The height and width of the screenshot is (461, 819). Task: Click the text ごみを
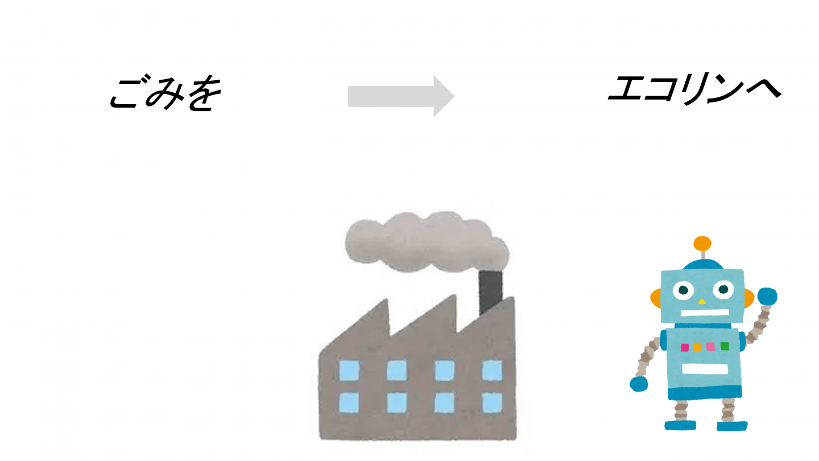pos(164,93)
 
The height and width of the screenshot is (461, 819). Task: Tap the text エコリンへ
pos(693,90)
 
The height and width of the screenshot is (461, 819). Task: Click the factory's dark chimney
pos(490,292)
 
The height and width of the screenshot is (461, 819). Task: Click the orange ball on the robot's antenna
pos(702,244)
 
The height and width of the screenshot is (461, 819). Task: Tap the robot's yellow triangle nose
pos(702,301)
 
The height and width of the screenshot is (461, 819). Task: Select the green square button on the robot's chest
pos(724,345)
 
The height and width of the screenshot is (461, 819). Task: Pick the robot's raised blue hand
pos(767,297)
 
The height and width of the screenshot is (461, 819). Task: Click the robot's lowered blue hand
pos(639,384)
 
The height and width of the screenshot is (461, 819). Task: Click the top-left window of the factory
pos(349,371)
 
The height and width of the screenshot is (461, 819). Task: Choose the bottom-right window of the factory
pos(492,402)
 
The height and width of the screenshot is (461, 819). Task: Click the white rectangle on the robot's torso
pos(705,368)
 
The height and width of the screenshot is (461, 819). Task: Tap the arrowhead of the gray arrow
pos(443,96)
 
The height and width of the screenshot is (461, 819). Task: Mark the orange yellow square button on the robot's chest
pos(697,347)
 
